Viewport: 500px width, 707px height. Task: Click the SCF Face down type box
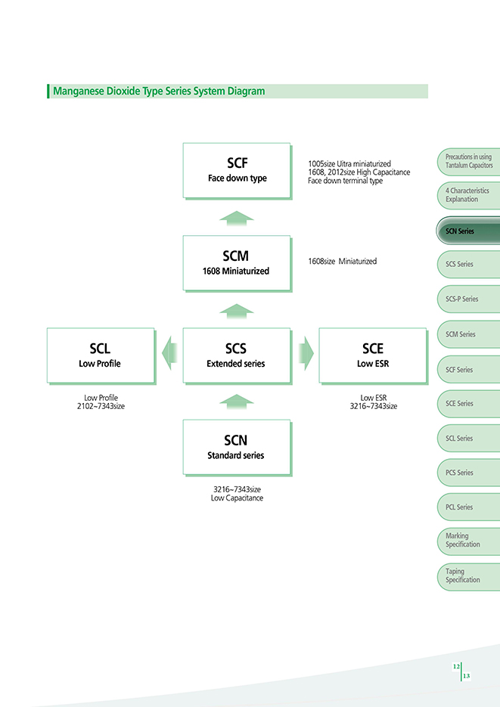point(238,171)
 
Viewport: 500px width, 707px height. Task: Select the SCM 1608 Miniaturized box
point(238,264)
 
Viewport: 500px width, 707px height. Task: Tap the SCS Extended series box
point(238,356)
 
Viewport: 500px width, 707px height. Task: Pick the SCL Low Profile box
point(101,356)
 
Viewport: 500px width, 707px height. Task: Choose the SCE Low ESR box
point(374,356)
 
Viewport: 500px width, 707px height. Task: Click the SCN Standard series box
point(238,448)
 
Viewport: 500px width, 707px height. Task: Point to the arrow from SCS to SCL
point(169,353)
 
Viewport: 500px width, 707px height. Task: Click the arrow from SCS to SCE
point(306,353)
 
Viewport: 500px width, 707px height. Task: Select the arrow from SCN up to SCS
point(237,402)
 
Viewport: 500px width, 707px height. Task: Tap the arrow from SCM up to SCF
point(237,219)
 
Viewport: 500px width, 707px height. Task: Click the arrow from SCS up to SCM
point(237,312)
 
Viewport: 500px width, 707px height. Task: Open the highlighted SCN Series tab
point(468,231)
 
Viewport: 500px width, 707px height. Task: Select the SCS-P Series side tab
point(468,299)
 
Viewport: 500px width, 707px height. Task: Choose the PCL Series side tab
point(468,507)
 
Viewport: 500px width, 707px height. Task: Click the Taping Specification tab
point(468,576)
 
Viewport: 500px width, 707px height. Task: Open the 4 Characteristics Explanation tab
point(468,195)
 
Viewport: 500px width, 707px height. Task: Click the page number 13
point(466,675)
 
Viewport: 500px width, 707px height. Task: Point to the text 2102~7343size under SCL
point(101,406)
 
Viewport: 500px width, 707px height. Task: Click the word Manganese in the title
point(79,91)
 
